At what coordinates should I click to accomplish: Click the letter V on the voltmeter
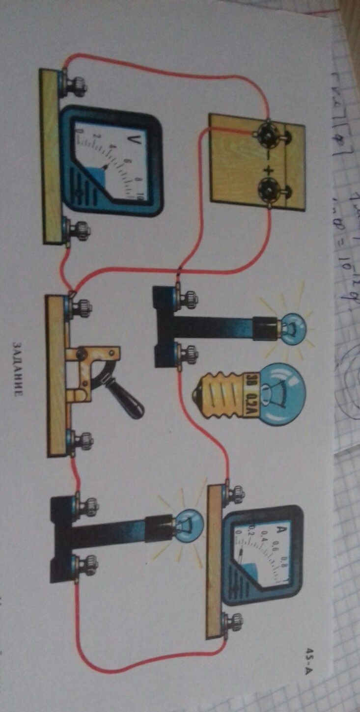point(131,140)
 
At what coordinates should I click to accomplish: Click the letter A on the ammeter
point(282,530)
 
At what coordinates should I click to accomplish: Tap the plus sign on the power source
point(268,170)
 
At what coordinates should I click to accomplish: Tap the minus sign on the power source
point(268,152)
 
